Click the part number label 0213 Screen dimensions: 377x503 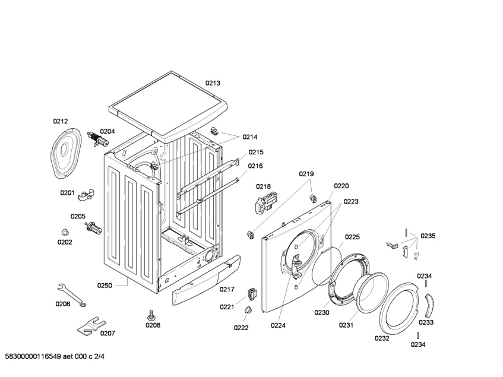click(x=213, y=83)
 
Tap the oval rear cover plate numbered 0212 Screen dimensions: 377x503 click(x=64, y=152)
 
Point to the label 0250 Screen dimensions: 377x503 click(x=104, y=286)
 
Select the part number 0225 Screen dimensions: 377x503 click(x=352, y=237)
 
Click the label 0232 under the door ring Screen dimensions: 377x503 click(x=382, y=338)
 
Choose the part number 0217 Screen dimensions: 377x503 click(x=227, y=290)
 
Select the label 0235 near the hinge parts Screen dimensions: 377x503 click(x=428, y=236)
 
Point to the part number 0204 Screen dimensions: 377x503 click(x=107, y=131)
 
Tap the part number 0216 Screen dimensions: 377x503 click(x=255, y=166)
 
